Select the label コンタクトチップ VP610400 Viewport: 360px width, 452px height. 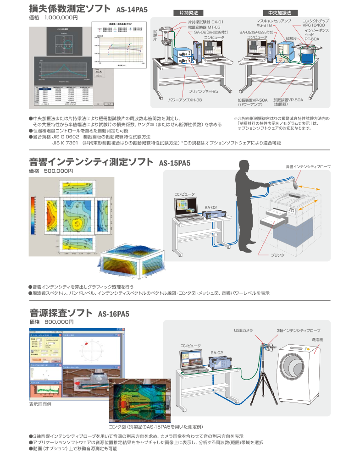(320, 23)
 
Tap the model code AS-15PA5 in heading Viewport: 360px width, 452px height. (174, 162)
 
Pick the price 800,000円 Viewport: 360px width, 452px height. (58, 322)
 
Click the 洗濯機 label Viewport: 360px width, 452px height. (317, 340)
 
